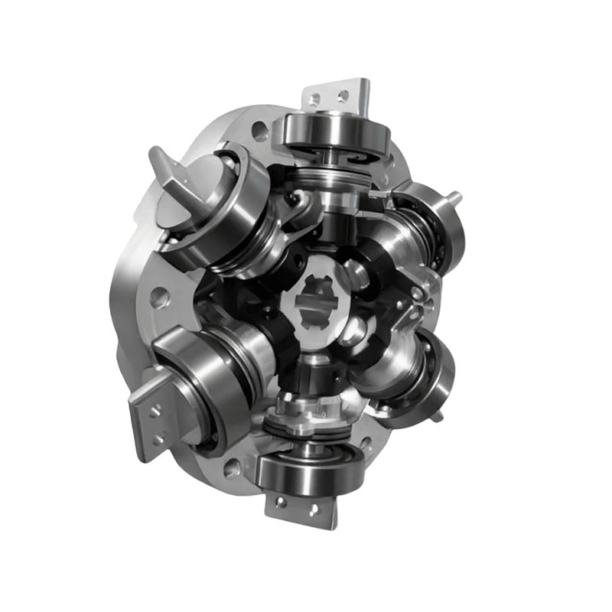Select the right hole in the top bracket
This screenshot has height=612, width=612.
pyautogui.click(x=343, y=96)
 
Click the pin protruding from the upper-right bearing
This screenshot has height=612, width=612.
pyautogui.click(x=456, y=197)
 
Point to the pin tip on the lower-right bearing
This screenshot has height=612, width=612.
pyautogui.click(x=438, y=417)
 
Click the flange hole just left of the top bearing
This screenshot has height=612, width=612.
pyautogui.click(x=260, y=129)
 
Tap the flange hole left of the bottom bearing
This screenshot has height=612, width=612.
pyautogui.click(x=232, y=468)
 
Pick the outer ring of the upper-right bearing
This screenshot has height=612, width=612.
pyautogui.click(x=451, y=229)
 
